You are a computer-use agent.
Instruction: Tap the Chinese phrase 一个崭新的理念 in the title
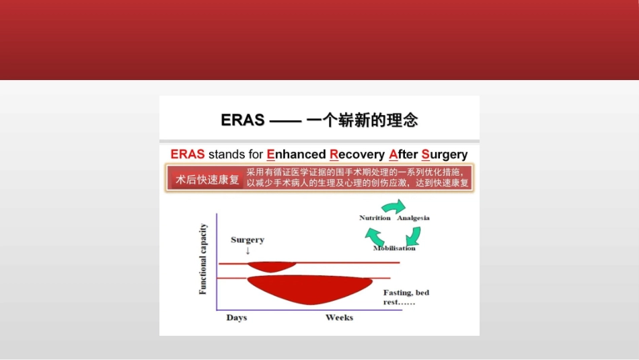(363, 120)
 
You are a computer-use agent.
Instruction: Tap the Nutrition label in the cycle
(375, 218)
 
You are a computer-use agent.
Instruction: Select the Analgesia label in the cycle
(413, 218)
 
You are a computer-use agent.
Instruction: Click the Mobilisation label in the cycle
(394, 248)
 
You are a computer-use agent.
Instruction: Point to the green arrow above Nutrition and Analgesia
(393, 207)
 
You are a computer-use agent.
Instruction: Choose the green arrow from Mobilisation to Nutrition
(374, 236)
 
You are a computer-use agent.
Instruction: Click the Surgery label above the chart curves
(248, 240)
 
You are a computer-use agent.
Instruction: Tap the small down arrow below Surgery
(248, 251)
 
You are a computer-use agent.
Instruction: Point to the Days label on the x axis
(237, 318)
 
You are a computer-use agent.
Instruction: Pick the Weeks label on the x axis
(339, 318)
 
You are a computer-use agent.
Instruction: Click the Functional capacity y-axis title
(203, 259)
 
